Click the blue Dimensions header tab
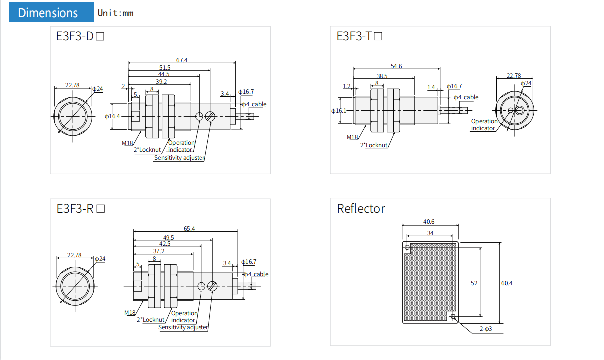[51, 12]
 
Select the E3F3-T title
[359, 36]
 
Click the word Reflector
[361, 208]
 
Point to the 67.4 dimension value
[182, 60]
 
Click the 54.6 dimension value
[396, 66]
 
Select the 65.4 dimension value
[189, 229]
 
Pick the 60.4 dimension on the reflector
[507, 283]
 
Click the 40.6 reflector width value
[429, 222]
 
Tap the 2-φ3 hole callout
[486, 329]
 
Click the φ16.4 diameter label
[112, 116]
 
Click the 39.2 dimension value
[161, 81]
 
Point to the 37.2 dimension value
[159, 251]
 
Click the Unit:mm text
[116, 13]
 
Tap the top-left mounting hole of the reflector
[407, 247]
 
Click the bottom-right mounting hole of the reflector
[453, 317]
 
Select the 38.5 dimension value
[382, 76]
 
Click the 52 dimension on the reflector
[474, 283]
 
